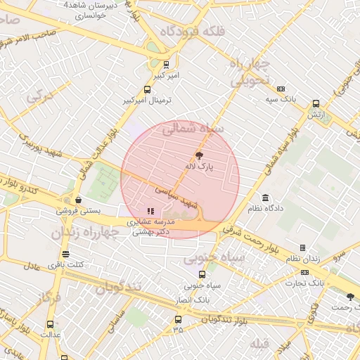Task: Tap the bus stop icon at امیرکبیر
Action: (166, 64)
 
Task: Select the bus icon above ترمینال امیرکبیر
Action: (147, 89)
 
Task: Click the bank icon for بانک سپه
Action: (281, 89)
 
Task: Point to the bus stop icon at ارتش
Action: (316, 103)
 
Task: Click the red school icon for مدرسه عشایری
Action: (150, 210)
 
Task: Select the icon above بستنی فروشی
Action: (79, 200)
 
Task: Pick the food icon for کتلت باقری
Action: (65, 254)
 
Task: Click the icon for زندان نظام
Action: (302, 247)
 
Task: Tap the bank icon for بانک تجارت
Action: (304, 272)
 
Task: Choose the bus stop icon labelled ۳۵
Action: (177, 319)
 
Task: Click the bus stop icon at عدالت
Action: (49, 324)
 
